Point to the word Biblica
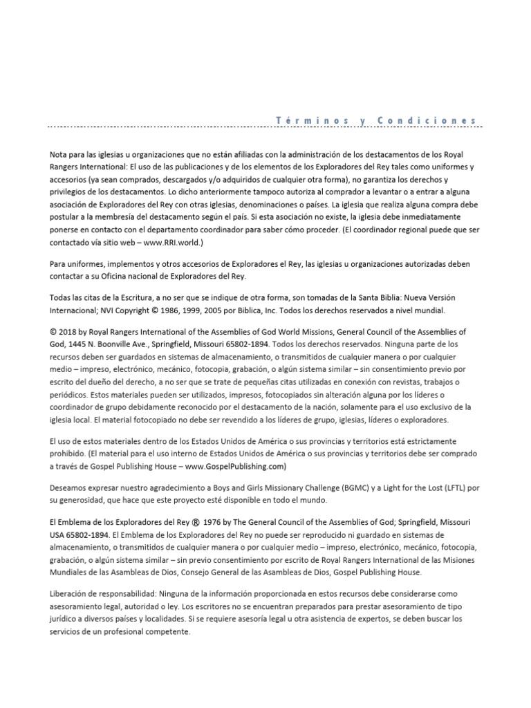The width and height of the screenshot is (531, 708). tap(263, 310)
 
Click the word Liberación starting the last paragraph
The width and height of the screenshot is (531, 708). tap(71, 594)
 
